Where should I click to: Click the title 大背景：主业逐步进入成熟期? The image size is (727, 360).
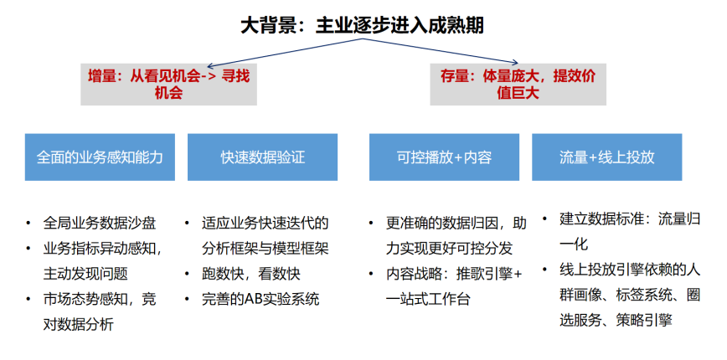pos(362,25)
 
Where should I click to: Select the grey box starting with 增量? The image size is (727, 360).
pos(169,85)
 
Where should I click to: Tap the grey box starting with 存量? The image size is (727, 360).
pos(518,85)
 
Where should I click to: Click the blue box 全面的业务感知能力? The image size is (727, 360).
pos(100,157)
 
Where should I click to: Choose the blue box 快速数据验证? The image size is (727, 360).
pos(262,157)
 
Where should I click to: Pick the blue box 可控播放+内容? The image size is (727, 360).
pos(444,157)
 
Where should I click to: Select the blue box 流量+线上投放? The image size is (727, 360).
pos(607,157)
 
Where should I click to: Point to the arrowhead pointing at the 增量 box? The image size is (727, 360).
pos(210,66)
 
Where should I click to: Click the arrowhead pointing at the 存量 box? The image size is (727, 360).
pos(514,62)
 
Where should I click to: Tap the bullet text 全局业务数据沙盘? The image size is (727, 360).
pos(99,224)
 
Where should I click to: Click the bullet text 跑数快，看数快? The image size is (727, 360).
pos(250,274)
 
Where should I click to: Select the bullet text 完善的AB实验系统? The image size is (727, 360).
pos(260,299)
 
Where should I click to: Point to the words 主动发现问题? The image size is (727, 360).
pos(85,274)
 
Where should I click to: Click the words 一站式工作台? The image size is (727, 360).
pos(428,299)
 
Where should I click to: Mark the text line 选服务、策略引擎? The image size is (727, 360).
pos(616,320)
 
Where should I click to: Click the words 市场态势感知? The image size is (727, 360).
pos(85,299)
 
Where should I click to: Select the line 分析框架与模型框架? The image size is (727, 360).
pos(265,249)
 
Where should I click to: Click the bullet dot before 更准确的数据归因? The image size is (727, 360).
pos(371,224)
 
